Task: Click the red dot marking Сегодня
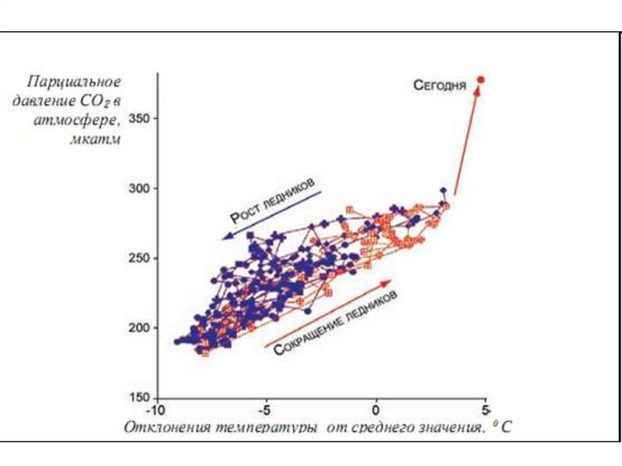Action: [480, 80]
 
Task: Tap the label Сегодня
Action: [440, 85]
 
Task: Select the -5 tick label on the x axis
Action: [265, 408]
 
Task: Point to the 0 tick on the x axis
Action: [377, 408]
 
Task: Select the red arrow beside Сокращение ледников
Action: [327, 314]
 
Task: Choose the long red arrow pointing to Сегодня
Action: [466, 140]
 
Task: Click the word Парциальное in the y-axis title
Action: [73, 81]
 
